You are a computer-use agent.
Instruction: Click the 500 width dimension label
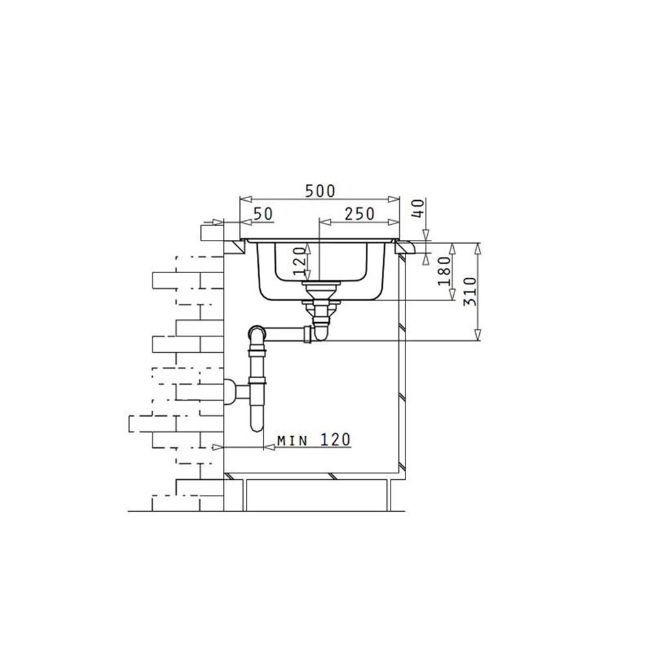pyautogui.click(x=319, y=191)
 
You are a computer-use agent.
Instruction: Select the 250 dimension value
pyautogui.click(x=360, y=214)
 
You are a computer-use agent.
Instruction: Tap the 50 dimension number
pyautogui.click(x=263, y=214)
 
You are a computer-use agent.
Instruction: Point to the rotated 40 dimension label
pyautogui.click(x=419, y=208)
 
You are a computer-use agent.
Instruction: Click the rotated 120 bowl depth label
pyautogui.click(x=300, y=261)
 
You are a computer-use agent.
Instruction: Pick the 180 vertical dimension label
pyautogui.click(x=444, y=271)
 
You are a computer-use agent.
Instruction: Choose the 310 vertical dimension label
pyautogui.click(x=470, y=291)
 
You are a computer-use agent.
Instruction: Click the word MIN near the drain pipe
pyautogui.click(x=292, y=440)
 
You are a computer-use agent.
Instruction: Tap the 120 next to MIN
pyautogui.click(x=336, y=439)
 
